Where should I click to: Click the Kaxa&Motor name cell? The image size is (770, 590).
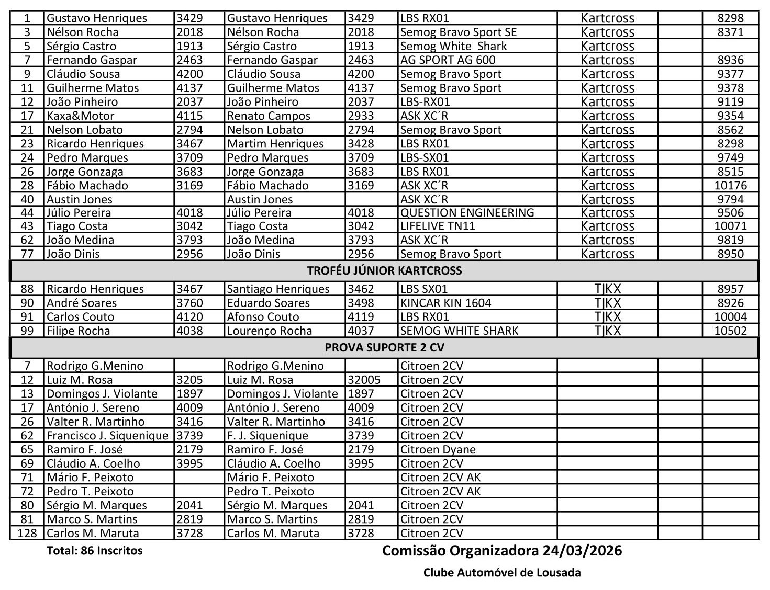tap(80, 116)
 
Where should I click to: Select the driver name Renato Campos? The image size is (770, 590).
tap(269, 116)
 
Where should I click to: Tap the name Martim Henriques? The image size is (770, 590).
tap(275, 143)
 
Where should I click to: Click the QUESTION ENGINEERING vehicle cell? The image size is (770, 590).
tap(467, 212)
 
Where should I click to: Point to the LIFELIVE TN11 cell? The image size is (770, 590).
tap(437, 226)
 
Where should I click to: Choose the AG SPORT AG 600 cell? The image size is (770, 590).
tap(448, 60)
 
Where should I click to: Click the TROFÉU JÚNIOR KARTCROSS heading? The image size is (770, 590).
tap(384, 270)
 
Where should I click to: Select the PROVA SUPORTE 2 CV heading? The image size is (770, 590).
tap(384, 348)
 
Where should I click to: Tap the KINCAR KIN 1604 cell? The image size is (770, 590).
tap(445, 303)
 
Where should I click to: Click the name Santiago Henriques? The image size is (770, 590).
tap(278, 289)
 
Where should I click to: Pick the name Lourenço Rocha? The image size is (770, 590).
tap(270, 331)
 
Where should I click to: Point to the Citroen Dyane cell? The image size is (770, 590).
tap(438, 449)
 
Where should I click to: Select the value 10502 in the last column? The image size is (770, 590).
tap(730, 331)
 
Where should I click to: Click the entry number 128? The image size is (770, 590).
tap(27, 533)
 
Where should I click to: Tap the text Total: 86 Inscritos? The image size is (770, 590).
tap(94, 550)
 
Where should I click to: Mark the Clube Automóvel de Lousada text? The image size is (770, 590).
tap(502, 572)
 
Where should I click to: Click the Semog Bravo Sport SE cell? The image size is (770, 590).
tap(458, 32)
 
